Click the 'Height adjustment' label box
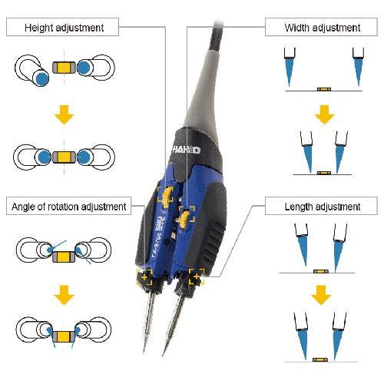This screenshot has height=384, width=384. [65, 28]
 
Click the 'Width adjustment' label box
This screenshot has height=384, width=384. [322, 28]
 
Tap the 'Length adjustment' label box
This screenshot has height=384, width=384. [322, 206]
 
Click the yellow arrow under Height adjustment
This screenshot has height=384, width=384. [66, 116]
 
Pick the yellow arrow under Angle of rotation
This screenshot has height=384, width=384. [66, 294]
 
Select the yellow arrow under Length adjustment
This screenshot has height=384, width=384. [323, 295]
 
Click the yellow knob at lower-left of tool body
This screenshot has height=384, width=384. [144, 278]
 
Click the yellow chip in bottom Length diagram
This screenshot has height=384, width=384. [322, 357]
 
